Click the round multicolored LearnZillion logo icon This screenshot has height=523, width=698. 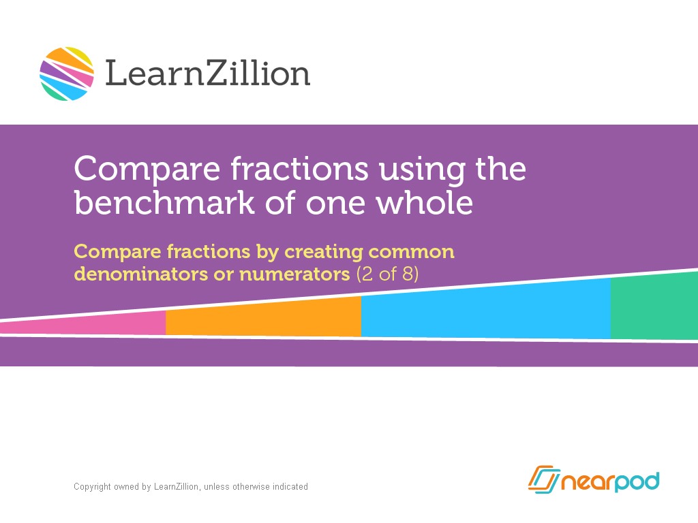67,74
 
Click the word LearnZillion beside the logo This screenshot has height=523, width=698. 208,74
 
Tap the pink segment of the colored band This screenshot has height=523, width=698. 102,325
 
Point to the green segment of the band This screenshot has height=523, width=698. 654,306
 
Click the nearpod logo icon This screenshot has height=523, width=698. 543,481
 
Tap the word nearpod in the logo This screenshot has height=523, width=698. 610,482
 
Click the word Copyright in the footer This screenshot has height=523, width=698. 92,487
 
